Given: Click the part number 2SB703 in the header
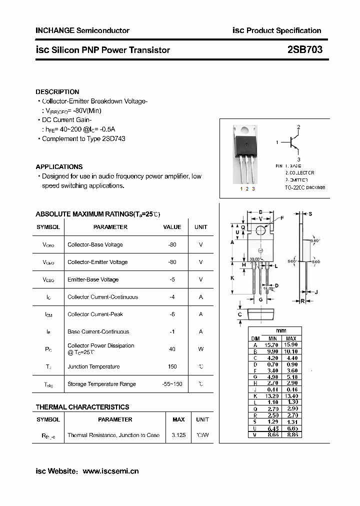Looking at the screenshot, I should click(x=304, y=49).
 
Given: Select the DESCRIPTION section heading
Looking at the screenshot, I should click(x=57, y=92).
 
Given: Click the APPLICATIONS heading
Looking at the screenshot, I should click(x=59, y=166).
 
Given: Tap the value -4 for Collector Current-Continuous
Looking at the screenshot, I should click(x=172, y=297).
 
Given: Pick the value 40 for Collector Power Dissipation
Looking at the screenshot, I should click(x=172, y=349).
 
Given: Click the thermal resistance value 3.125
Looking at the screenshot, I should click(x=178, y=435).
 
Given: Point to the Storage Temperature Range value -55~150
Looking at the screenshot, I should click(x=172, y=384).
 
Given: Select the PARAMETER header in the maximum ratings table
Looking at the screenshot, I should click(x=110, y=227).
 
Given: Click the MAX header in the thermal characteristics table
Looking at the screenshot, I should click(x=178, y=419).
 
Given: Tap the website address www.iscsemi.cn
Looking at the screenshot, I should click(x=110, y=471).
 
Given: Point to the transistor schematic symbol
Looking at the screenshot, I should click(x=294, y=143).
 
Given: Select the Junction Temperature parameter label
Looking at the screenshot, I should click(x=93, y=366).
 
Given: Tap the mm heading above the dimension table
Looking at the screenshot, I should click(x=280, y=331).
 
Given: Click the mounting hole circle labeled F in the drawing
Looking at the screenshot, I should click(x=260, y=230).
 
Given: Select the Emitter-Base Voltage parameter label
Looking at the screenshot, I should click(x=93, y=279).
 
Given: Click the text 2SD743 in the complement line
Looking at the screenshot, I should click(x=113, y=138).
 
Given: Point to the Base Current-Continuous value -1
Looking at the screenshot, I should click(x=172, y=331).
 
